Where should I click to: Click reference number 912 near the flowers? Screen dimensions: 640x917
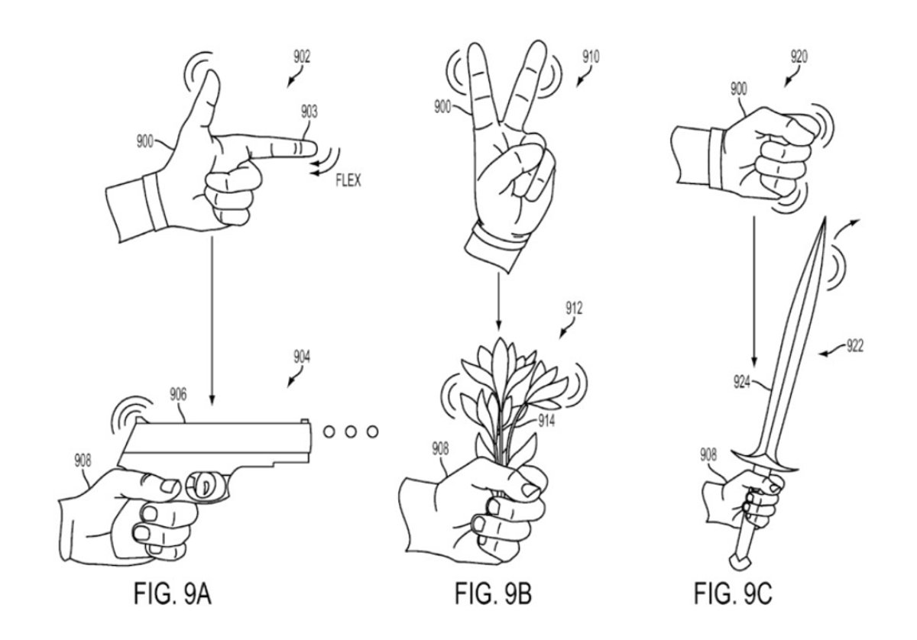(x=575, y=309)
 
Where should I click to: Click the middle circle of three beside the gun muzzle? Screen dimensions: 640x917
(x=351, y=432)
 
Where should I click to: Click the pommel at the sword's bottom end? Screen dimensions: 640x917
(x=737, y=563)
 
